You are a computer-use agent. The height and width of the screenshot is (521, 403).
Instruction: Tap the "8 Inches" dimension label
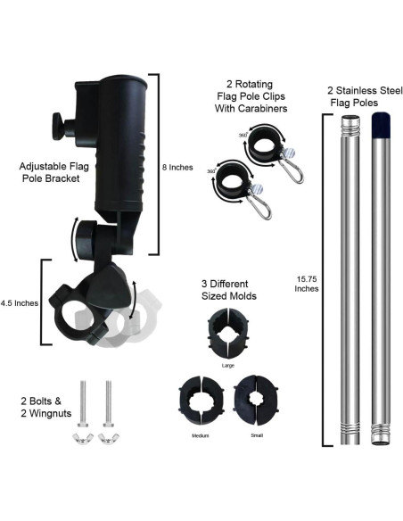[x=177, y=168]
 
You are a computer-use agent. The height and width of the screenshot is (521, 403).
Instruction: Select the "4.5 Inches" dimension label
[x=20, y=303]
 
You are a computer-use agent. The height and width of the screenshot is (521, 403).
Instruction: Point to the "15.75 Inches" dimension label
[x=307, y=284]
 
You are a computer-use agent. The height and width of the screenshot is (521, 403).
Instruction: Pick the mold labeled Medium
[x=201, y=401]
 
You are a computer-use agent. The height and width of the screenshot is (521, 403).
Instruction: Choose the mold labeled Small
[x=256, y=400]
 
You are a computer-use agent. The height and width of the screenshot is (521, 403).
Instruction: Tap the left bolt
[x=83, y=404]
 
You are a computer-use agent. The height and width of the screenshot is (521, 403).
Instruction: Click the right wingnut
[x=109, y=439]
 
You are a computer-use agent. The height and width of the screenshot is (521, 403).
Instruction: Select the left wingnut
[x=83, y=439]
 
